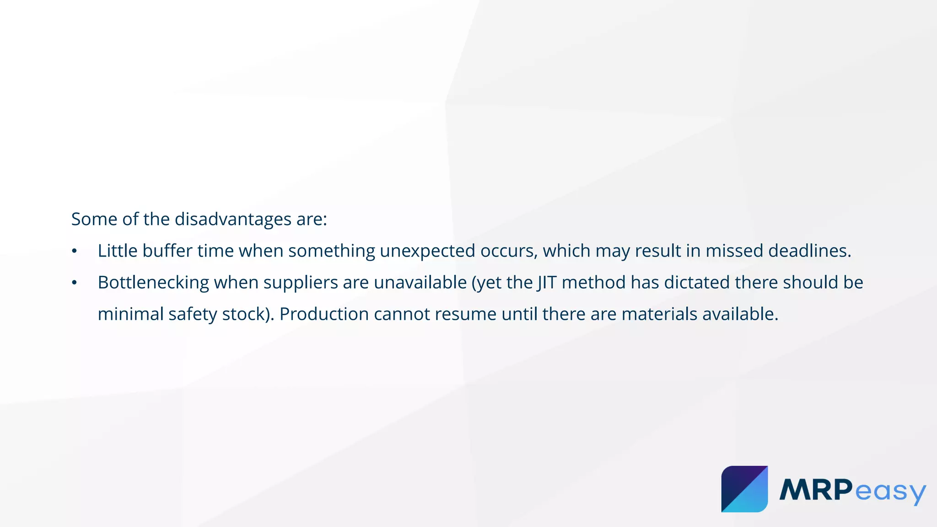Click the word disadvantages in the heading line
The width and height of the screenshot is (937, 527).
coord(233,220)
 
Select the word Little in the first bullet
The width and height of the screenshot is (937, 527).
coord(118,251)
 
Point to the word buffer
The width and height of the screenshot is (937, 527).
coord(167,251)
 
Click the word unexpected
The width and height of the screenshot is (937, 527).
coord(427,251)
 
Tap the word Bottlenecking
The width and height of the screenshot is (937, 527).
coord(153,283)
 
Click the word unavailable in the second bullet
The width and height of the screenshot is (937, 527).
coord(420,283)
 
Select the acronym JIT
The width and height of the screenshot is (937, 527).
coord(547,283)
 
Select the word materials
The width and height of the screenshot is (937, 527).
coord(659,314)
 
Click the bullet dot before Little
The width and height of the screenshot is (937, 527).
coord(74,252)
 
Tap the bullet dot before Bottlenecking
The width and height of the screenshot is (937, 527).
coord(74,283)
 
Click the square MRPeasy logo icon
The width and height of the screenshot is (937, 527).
coord(744,489)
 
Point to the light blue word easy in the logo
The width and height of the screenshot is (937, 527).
coord(890,492)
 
